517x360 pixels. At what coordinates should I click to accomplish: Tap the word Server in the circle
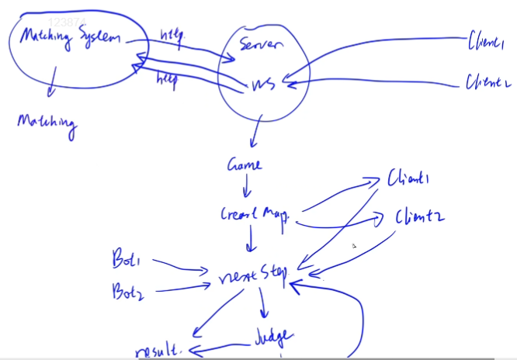(x=261, y=44)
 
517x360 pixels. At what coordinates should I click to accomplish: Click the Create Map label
(x=254, y=215)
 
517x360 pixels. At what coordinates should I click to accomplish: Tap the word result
(x=158, y=350)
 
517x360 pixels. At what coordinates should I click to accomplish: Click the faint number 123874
(x=67, y=24)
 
